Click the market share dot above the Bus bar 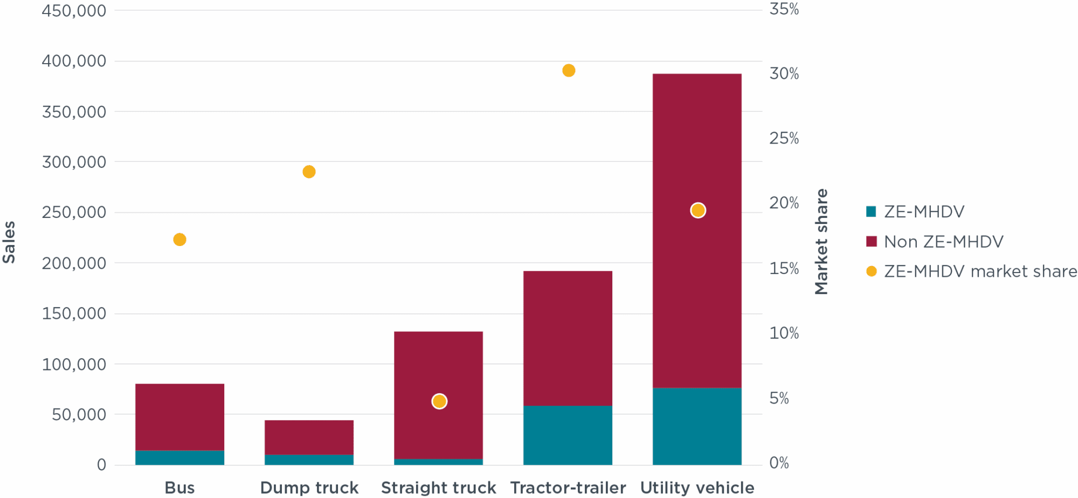(179, 240)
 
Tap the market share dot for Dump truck (309, 172)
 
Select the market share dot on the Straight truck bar (439, 401)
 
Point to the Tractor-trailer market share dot (569, 71)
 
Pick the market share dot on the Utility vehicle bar (698, 210)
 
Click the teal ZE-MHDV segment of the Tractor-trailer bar (568, 435)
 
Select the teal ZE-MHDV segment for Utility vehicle (697, 426)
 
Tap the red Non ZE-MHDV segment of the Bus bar (179, 417)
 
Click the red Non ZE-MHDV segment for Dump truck (309, 437)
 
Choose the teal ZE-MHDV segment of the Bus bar (179, 458)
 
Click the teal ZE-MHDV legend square (871, 212)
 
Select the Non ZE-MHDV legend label (943, 242)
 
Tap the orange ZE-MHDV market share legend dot (871, 271)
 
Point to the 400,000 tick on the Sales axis (74, 61)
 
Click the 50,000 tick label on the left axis (79, 414)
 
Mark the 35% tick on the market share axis (784, 9)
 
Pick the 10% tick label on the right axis (784, 333)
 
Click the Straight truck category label (438, 488)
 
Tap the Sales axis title (9, 242)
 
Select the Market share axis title (821, 242)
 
